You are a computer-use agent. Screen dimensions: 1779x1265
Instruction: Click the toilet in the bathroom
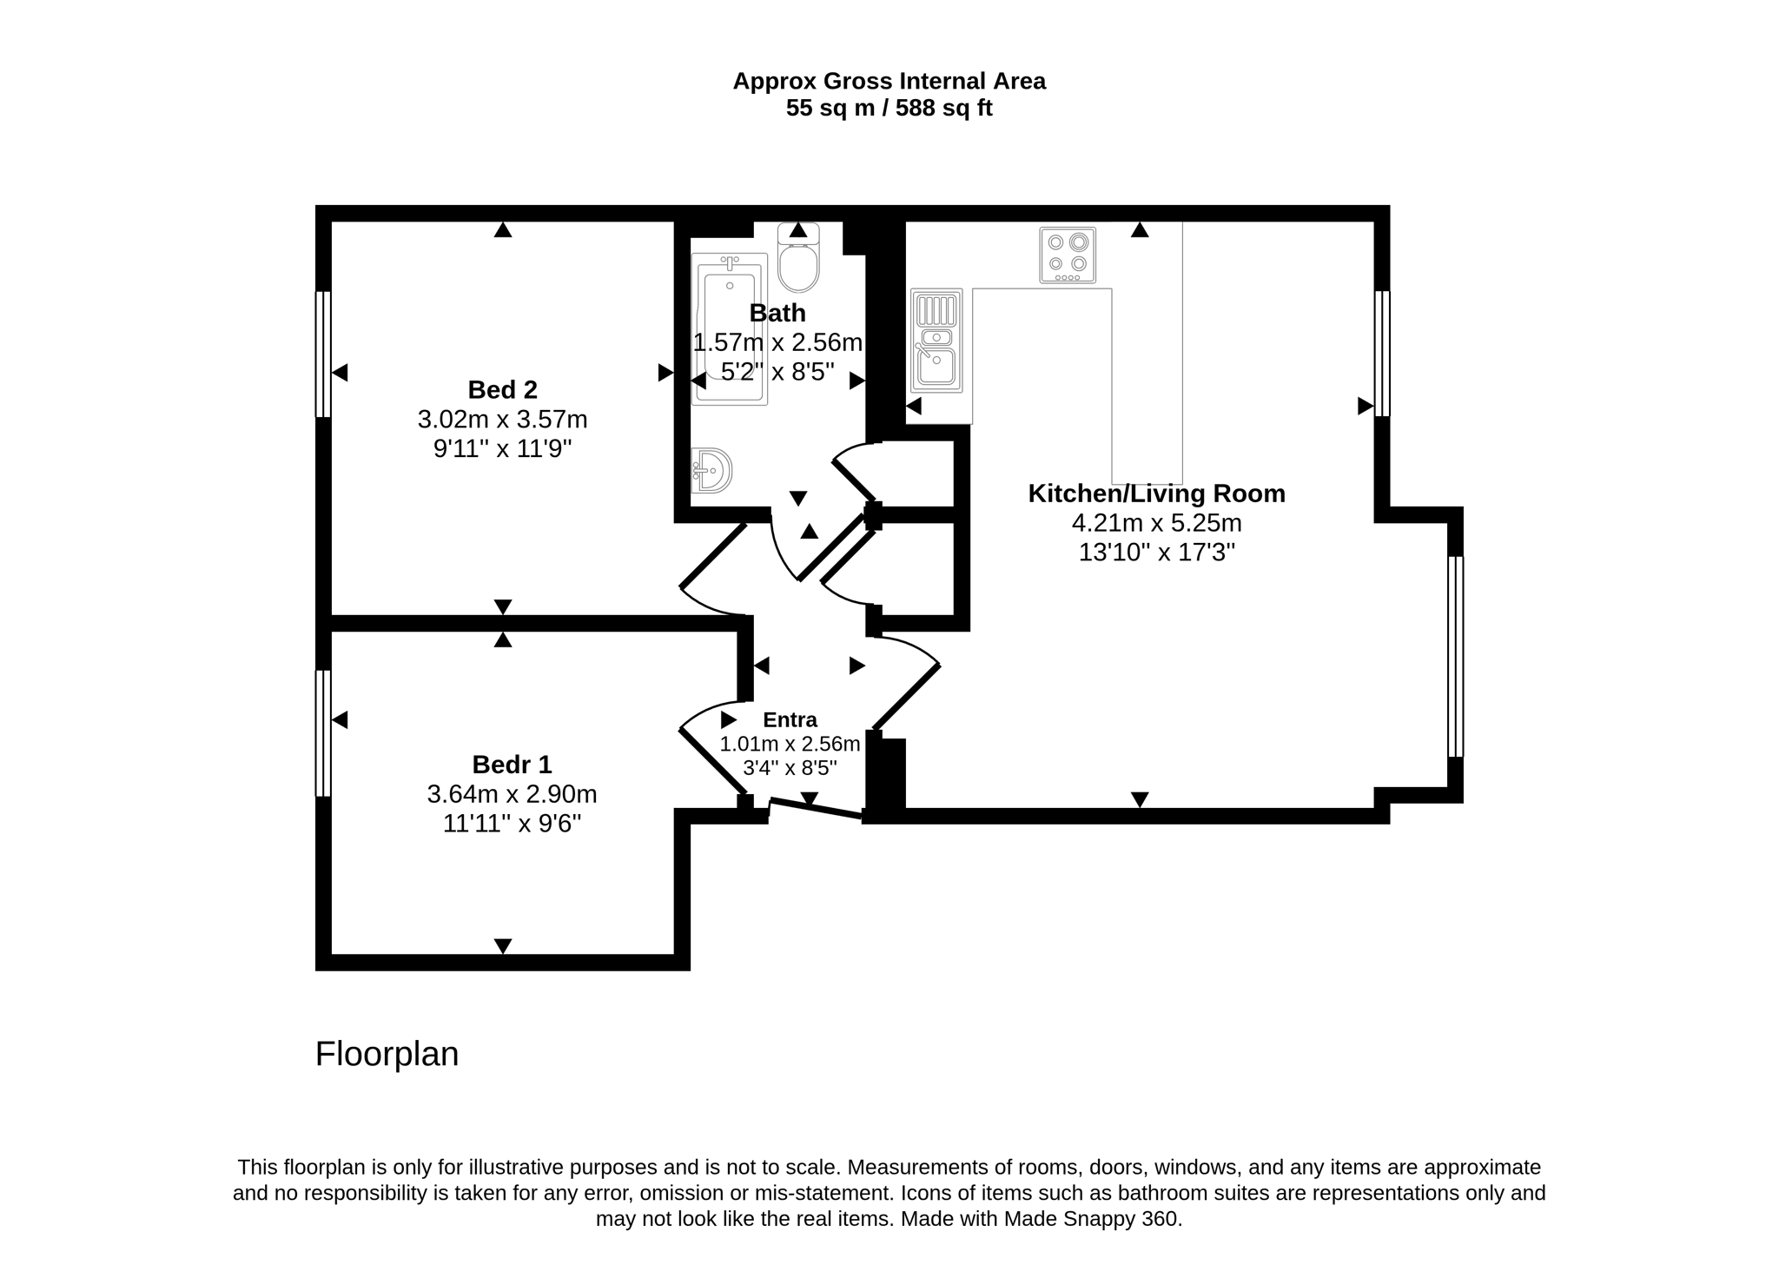(798, 257)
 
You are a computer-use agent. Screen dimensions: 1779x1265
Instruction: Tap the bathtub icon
(730, 329)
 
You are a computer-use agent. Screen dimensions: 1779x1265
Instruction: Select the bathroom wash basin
(711, 471)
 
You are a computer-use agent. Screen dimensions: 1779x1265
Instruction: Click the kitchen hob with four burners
(1068, 255)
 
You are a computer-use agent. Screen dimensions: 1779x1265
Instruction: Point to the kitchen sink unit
(936, 341)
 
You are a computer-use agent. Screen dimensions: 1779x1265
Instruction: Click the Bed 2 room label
(503, 389)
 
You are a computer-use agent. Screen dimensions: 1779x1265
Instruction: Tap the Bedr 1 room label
(512, 765)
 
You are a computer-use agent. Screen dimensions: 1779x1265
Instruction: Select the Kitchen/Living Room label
(1156, 493)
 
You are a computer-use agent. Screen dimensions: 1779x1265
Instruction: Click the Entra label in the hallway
(790, 720)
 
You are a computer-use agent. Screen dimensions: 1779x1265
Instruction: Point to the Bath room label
(777, 313)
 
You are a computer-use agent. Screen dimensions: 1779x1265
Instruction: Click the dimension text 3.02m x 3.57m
(503, 420)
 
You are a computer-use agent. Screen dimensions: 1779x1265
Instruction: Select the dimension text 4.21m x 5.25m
(1157, 523)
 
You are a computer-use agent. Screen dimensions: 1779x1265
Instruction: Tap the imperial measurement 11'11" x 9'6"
(512, 823)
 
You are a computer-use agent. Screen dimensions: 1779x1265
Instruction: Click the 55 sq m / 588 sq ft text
(889, 109)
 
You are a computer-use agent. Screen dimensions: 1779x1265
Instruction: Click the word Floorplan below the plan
(387, 1054)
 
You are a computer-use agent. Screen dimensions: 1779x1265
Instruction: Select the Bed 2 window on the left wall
(323, 354)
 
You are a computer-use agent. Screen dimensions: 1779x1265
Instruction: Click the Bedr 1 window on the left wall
(323, 733)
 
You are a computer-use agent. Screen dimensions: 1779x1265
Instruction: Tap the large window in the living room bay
(1456, 657)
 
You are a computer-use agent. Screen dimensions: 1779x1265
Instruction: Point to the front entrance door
(816, 809)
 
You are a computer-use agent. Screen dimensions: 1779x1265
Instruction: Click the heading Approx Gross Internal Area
(889, 81)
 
